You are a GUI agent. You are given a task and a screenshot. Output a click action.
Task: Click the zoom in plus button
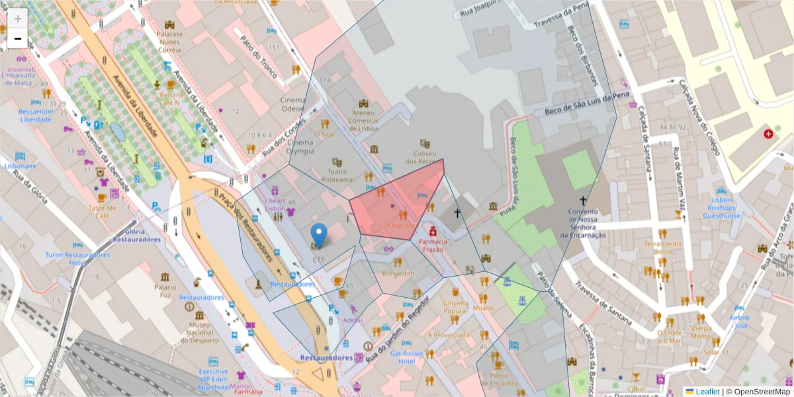pyautogui.click(x=17, y=19)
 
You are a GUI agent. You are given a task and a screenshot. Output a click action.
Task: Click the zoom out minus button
pyautogui.click(x=17, y=39)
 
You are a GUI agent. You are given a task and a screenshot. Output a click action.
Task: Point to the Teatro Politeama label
pyautogui.click(x=337, y=175)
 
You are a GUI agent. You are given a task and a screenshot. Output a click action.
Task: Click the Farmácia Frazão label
pyautogui.click(x=433, y=245)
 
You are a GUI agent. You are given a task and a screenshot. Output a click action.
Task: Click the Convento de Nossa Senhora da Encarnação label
pyautogui.click(x=583, y=223)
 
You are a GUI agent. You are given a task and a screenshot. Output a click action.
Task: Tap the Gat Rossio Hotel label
pyautogui.click(x=406, y=357)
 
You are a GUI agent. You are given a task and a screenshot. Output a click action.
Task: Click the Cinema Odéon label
pyautogui.click(x=293, y=104)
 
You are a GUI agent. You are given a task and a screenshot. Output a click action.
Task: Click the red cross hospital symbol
pyautogui.click(x=768, y=134)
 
